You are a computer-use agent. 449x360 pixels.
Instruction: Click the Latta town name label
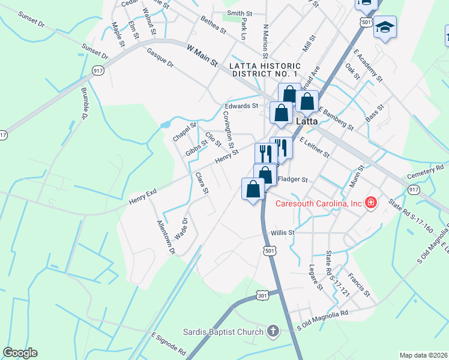click(307, 121)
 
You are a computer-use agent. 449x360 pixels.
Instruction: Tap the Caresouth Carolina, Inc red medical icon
click(371, 203)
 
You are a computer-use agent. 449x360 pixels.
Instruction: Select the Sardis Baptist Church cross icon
click(273, 331)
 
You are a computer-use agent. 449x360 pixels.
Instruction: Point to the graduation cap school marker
click(385, 28)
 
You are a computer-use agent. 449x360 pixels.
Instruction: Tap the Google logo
click(20, 353)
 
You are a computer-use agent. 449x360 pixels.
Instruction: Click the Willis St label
click(283, 232)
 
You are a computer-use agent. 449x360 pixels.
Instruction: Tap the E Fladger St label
click(292, 179)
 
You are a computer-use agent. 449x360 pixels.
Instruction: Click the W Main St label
click(201, 56)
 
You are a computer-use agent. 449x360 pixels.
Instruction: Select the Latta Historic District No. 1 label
click(264, 69)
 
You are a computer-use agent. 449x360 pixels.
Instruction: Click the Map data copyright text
click(423, 355)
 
